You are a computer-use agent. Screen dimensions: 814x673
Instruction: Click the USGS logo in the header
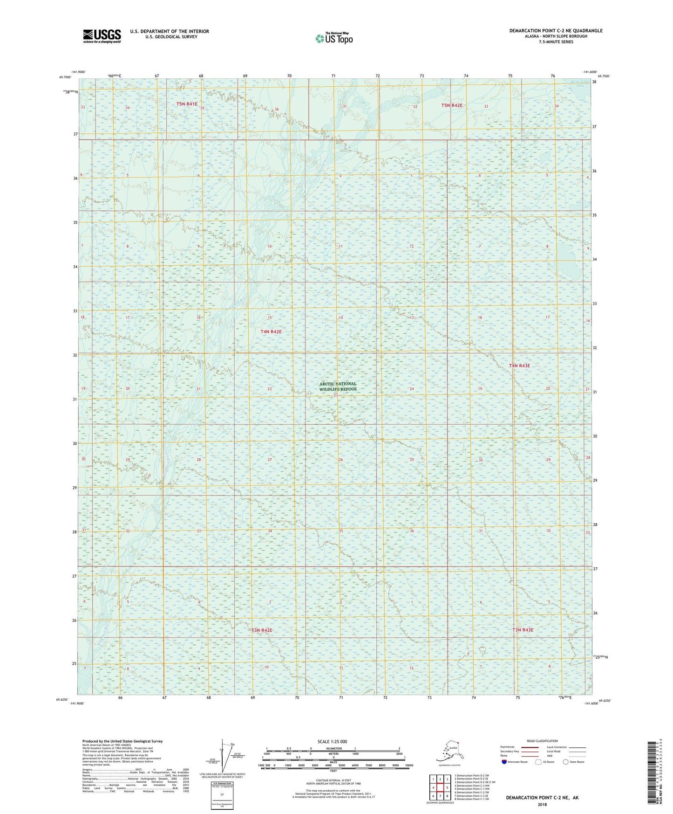pos(102,36)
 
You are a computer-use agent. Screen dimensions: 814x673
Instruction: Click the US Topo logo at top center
pos(333,38)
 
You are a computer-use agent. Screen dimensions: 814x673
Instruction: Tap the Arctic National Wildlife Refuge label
pos(338,386)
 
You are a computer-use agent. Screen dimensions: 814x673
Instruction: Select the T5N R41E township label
pos(187,104)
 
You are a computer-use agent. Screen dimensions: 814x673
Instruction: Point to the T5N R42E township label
pos(452,105)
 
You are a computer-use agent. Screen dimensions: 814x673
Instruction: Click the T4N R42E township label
pos(271,331)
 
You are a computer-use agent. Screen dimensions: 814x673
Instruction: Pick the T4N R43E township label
pos(519,366)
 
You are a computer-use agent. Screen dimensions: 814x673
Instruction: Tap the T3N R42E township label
pos(262,630)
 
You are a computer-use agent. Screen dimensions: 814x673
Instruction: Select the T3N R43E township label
pos(523,630)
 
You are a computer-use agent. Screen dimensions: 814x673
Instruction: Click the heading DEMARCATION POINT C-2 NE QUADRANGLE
pos(556,31)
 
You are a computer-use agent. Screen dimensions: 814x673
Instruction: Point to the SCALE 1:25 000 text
pos(333,741)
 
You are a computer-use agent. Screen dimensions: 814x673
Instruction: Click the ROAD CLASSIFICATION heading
pos(542,741)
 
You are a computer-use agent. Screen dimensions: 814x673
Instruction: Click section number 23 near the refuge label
pos(335,395)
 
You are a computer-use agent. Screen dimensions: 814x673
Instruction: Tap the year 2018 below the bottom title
pos(542,804)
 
